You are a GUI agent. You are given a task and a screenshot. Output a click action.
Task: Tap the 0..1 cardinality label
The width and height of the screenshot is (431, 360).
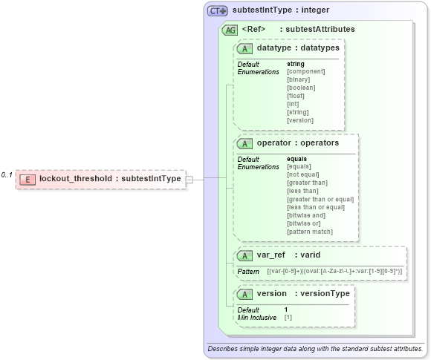tap(7, 175)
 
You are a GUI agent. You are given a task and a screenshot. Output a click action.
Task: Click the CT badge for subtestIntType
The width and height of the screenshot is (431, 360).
tap(217, 11)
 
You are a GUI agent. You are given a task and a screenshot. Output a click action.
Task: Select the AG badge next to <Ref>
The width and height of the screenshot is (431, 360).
tap(230, 30)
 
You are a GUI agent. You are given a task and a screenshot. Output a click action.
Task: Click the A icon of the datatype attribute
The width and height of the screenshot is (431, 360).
tap(244, 48)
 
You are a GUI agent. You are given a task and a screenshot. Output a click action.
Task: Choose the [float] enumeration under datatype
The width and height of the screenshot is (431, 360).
tap(296, 96)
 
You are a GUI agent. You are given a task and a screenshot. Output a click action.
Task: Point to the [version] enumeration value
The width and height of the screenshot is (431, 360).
tap(299, 120)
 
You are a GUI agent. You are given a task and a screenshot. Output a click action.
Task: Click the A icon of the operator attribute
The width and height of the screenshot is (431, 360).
tap(244, 143)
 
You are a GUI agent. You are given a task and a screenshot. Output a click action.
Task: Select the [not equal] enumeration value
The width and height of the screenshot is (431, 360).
tap(302, 174)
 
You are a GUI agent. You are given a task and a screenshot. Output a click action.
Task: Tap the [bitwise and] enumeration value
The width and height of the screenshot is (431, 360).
tap(305, 215)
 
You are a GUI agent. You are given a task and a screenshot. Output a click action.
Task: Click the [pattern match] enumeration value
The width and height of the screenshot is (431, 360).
tap(309, 232)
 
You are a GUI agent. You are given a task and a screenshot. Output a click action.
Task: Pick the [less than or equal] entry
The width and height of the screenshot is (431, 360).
tap(315, 207)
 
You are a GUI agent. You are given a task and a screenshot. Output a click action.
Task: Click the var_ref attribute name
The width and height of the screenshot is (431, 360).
tap(270, 255)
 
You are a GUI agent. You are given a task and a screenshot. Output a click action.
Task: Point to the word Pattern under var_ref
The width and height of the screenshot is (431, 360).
tap(248, 272)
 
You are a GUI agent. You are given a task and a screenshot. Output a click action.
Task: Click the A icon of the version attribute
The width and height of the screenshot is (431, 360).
tap(244, 294)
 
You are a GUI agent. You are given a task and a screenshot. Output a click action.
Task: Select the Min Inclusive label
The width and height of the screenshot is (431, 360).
tap(256, 317)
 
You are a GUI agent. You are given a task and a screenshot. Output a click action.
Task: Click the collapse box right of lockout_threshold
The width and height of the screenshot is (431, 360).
tap(190, 179)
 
